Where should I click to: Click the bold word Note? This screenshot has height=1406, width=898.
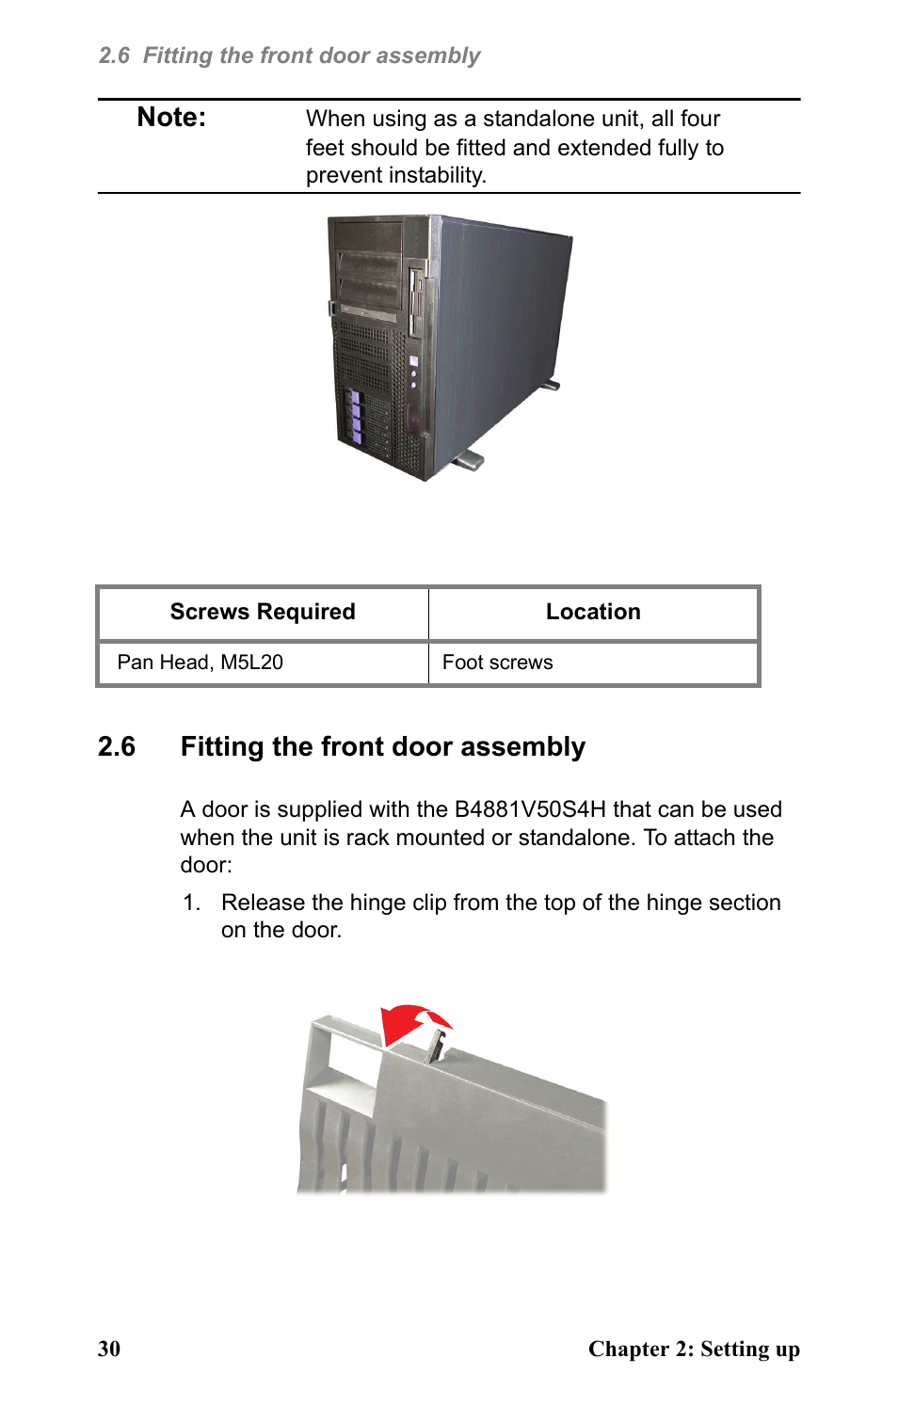[x=171, y=118]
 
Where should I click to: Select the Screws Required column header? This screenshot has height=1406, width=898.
[x=263, y=612]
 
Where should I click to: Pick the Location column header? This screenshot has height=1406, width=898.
[x=593, y=612]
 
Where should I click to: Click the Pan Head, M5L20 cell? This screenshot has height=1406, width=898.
[x=200, y=663]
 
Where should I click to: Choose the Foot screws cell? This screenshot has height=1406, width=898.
[x=497, y=663]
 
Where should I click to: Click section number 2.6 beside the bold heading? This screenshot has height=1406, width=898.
[x=117, y=747]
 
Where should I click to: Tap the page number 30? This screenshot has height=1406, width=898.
[x=109, y=1349]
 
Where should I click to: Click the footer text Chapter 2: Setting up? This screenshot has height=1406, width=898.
[x=694, y=1349]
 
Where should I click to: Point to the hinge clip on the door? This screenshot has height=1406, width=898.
[x=436, y=1044]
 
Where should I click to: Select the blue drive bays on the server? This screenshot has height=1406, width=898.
[x=355, y=415]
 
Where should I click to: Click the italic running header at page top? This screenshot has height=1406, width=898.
[x=289, y=56]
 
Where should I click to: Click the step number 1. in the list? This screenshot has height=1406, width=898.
[x=191, y=903]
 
